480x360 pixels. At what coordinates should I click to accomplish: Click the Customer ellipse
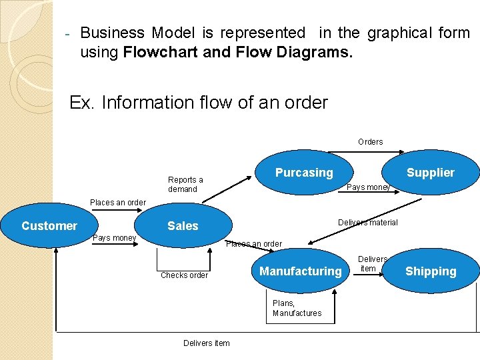click(x=49, y=226)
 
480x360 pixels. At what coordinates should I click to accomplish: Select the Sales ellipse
click(x=183, y=226)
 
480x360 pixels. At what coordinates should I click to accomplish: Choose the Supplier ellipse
click(x=430, y=173)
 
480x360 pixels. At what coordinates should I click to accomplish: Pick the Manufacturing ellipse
click(x=300, y=271)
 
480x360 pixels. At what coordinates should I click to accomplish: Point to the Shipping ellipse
click(x=431, y=271)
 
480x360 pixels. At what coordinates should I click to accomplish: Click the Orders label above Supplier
click(x=370, y=142)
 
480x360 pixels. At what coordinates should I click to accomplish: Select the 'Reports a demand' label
click(x=185, y=185)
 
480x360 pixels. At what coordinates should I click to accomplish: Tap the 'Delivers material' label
click(x=367, y=223)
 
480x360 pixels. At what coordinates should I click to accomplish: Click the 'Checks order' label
click(x=184, y=275)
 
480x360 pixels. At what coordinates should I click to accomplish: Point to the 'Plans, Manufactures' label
click(x=297, y=308)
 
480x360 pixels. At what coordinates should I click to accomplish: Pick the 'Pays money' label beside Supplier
click(x=368, y=187)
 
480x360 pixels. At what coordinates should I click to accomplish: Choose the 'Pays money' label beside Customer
click(x=114, y=238)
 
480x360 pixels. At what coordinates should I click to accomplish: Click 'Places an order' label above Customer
click(x=117, y=203)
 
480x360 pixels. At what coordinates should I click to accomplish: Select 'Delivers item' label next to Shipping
click(x=372, y=263)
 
